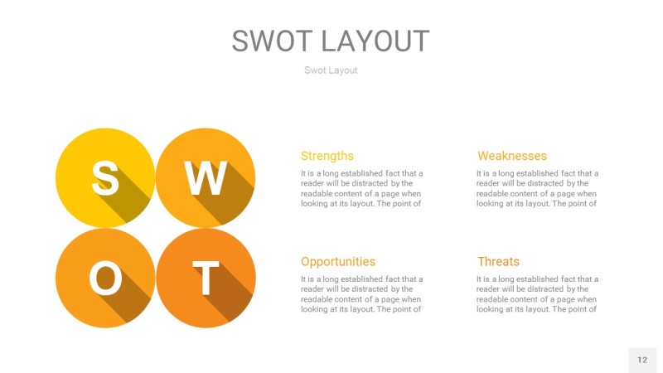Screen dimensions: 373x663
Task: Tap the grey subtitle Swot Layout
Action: pyautogui.click(x=331, y=70)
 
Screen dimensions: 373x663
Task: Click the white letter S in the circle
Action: pyautogui.click(x=104, y=177)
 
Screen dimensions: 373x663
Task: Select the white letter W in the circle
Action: pyautogui.click(x=206, y=177)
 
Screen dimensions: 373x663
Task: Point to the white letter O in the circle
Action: pyautogui.click(x=105, y=279)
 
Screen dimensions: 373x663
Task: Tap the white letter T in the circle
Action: pyautogui.click(x=206, y=279)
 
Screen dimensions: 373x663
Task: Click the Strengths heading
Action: pyautogui.click(x=327, y=156)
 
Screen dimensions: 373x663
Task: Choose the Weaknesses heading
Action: pyautogui.click(x=511, y=156)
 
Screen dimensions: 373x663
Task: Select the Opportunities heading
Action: pyautogui.click(x=337, y=261)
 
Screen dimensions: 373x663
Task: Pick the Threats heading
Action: pyautogui.click(x=498, y=261)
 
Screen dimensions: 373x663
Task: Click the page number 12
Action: pyautogui.click(x=641, y=360)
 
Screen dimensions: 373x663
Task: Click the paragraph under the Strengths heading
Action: pyautogui.click(x=361, y=188)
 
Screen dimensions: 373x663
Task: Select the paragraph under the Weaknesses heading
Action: pyautogui.click(x=537, y=188)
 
